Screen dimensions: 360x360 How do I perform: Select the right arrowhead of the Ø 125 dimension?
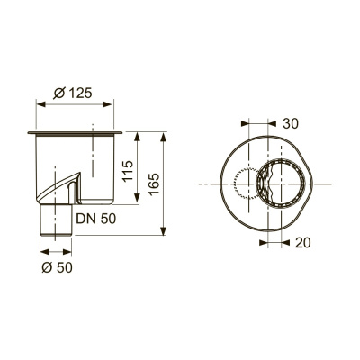tap(119, 103)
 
